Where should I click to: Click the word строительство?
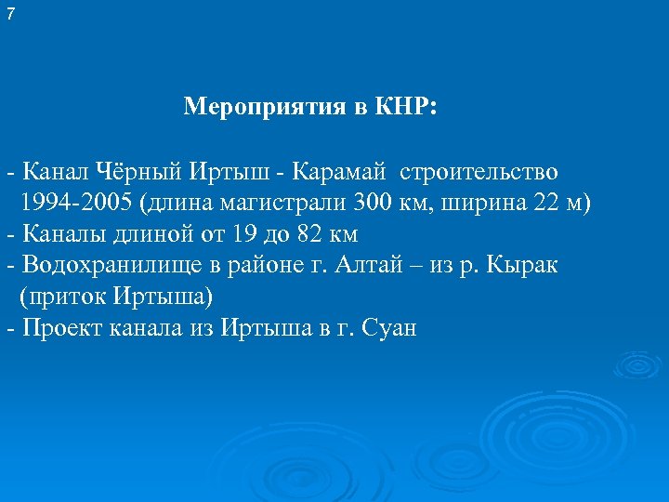click(479, 172)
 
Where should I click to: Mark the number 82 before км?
click(310, 233)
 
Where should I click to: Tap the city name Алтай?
click(368, 266)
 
